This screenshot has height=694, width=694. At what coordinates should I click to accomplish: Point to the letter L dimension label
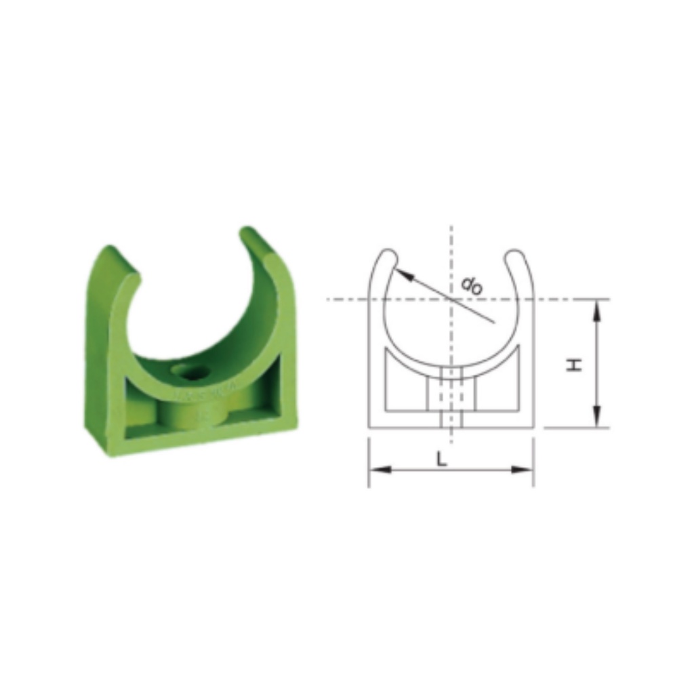441,459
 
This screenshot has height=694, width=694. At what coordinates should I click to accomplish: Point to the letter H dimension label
575,365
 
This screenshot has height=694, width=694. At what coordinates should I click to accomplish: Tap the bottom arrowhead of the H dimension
596,419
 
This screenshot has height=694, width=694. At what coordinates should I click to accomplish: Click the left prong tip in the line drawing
388,256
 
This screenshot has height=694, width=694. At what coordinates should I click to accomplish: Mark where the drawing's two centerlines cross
451,299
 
